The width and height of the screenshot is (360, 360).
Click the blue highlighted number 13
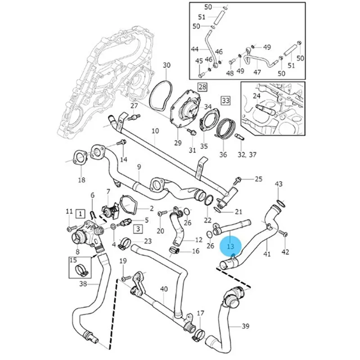[231, 246]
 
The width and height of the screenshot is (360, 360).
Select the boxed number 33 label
[225, 100]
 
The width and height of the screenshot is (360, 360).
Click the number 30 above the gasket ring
[166, 65]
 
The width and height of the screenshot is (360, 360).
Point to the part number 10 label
[155, 131]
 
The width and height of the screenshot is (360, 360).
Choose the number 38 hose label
[83, 284]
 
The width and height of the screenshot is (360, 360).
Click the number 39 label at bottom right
[246, 326]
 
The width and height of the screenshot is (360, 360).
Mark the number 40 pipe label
[164, 288]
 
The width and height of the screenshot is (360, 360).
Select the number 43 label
[279, 184]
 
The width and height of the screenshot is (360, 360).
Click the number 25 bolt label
[258, 179]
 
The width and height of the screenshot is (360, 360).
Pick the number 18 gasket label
[81, 180]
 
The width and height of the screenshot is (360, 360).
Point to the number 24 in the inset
[257, 95]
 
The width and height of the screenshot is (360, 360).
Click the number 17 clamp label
[201, 313]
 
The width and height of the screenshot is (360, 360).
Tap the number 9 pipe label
[139, 167]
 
